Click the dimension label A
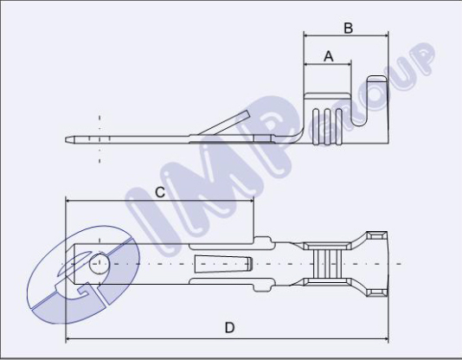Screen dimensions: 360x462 328,55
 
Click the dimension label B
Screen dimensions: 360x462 348,28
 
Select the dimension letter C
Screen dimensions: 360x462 160,191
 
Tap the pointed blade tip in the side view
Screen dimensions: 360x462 69,138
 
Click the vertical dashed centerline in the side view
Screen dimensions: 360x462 100,138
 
